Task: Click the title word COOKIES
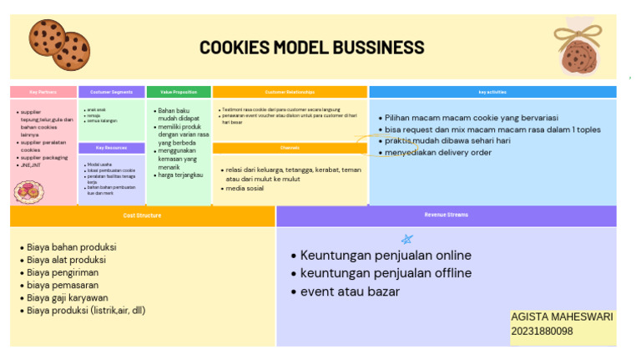(234, 48)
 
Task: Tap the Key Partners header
(43, 92)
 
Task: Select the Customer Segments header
(111, 92)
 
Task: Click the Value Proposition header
(179, 92)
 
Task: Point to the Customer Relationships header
(290, 92)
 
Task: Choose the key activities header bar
(492, 92)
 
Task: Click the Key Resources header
(111, 148)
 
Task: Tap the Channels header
(290, 148)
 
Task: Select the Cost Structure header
(142, 215)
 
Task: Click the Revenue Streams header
(446, 215)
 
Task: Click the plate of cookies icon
(28, 192)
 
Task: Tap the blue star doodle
(407, 239)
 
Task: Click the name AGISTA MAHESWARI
(562, 317)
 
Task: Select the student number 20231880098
(543, 332)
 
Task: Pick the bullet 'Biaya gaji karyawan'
(67, 297)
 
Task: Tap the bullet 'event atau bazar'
(350, 292)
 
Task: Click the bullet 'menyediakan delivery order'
(437, 153)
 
